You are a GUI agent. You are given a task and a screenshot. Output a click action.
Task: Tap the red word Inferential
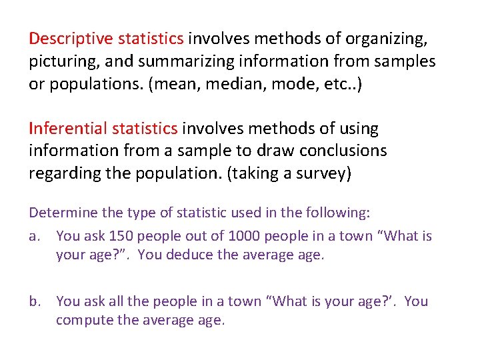click(x=69, y=128)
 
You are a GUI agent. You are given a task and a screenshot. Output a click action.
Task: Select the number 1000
click(x=245, y=235)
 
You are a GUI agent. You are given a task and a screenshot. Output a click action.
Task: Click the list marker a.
click(x=34, y=235)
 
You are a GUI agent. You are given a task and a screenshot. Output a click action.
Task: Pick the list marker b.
click(x=34, y=301)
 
